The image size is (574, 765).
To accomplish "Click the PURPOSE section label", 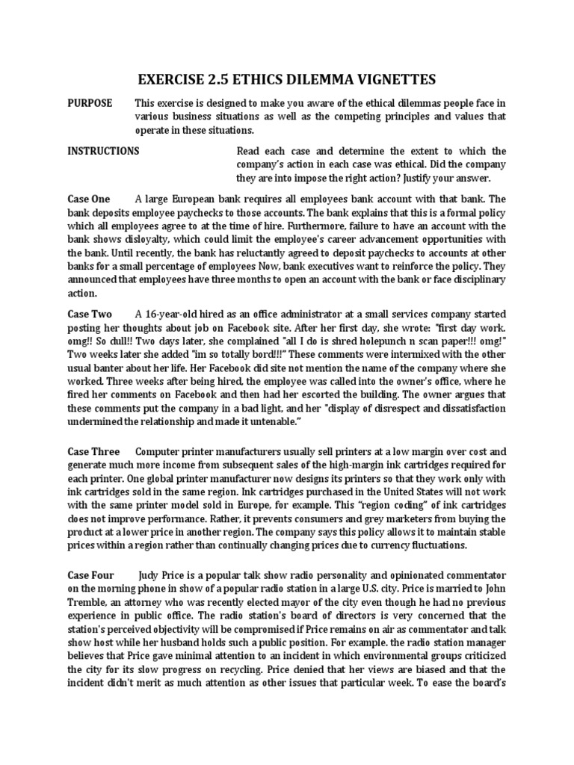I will point(90,102).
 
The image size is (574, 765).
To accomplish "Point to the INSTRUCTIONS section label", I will point(103,151).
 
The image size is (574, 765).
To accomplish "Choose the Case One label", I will point(89,199).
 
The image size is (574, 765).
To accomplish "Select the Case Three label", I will point(93,451).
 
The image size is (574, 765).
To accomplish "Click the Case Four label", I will point(91,575).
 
